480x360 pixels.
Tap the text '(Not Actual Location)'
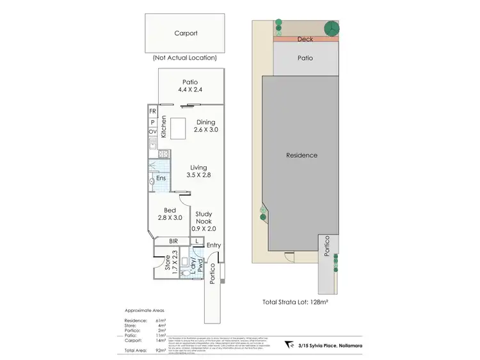pyautogui.click(x=184, y=58)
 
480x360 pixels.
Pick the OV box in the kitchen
pyautogui.click(x=153, y=132)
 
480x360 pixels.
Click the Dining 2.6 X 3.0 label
pyautogui.click(x=205, y=125)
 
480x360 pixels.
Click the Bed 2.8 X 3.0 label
pyautogui.click(x=170, y=214)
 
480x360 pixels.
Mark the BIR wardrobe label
pyautogui.click(x=173, y=241)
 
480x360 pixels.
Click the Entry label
pyautogui.click(x=213, y=246)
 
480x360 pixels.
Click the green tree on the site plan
pyautogui.click(x=332, y=29)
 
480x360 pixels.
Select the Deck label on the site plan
pyautogui.click(x=305, y=39)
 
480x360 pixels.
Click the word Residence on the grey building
pyautogui.click(x=301, y=155)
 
